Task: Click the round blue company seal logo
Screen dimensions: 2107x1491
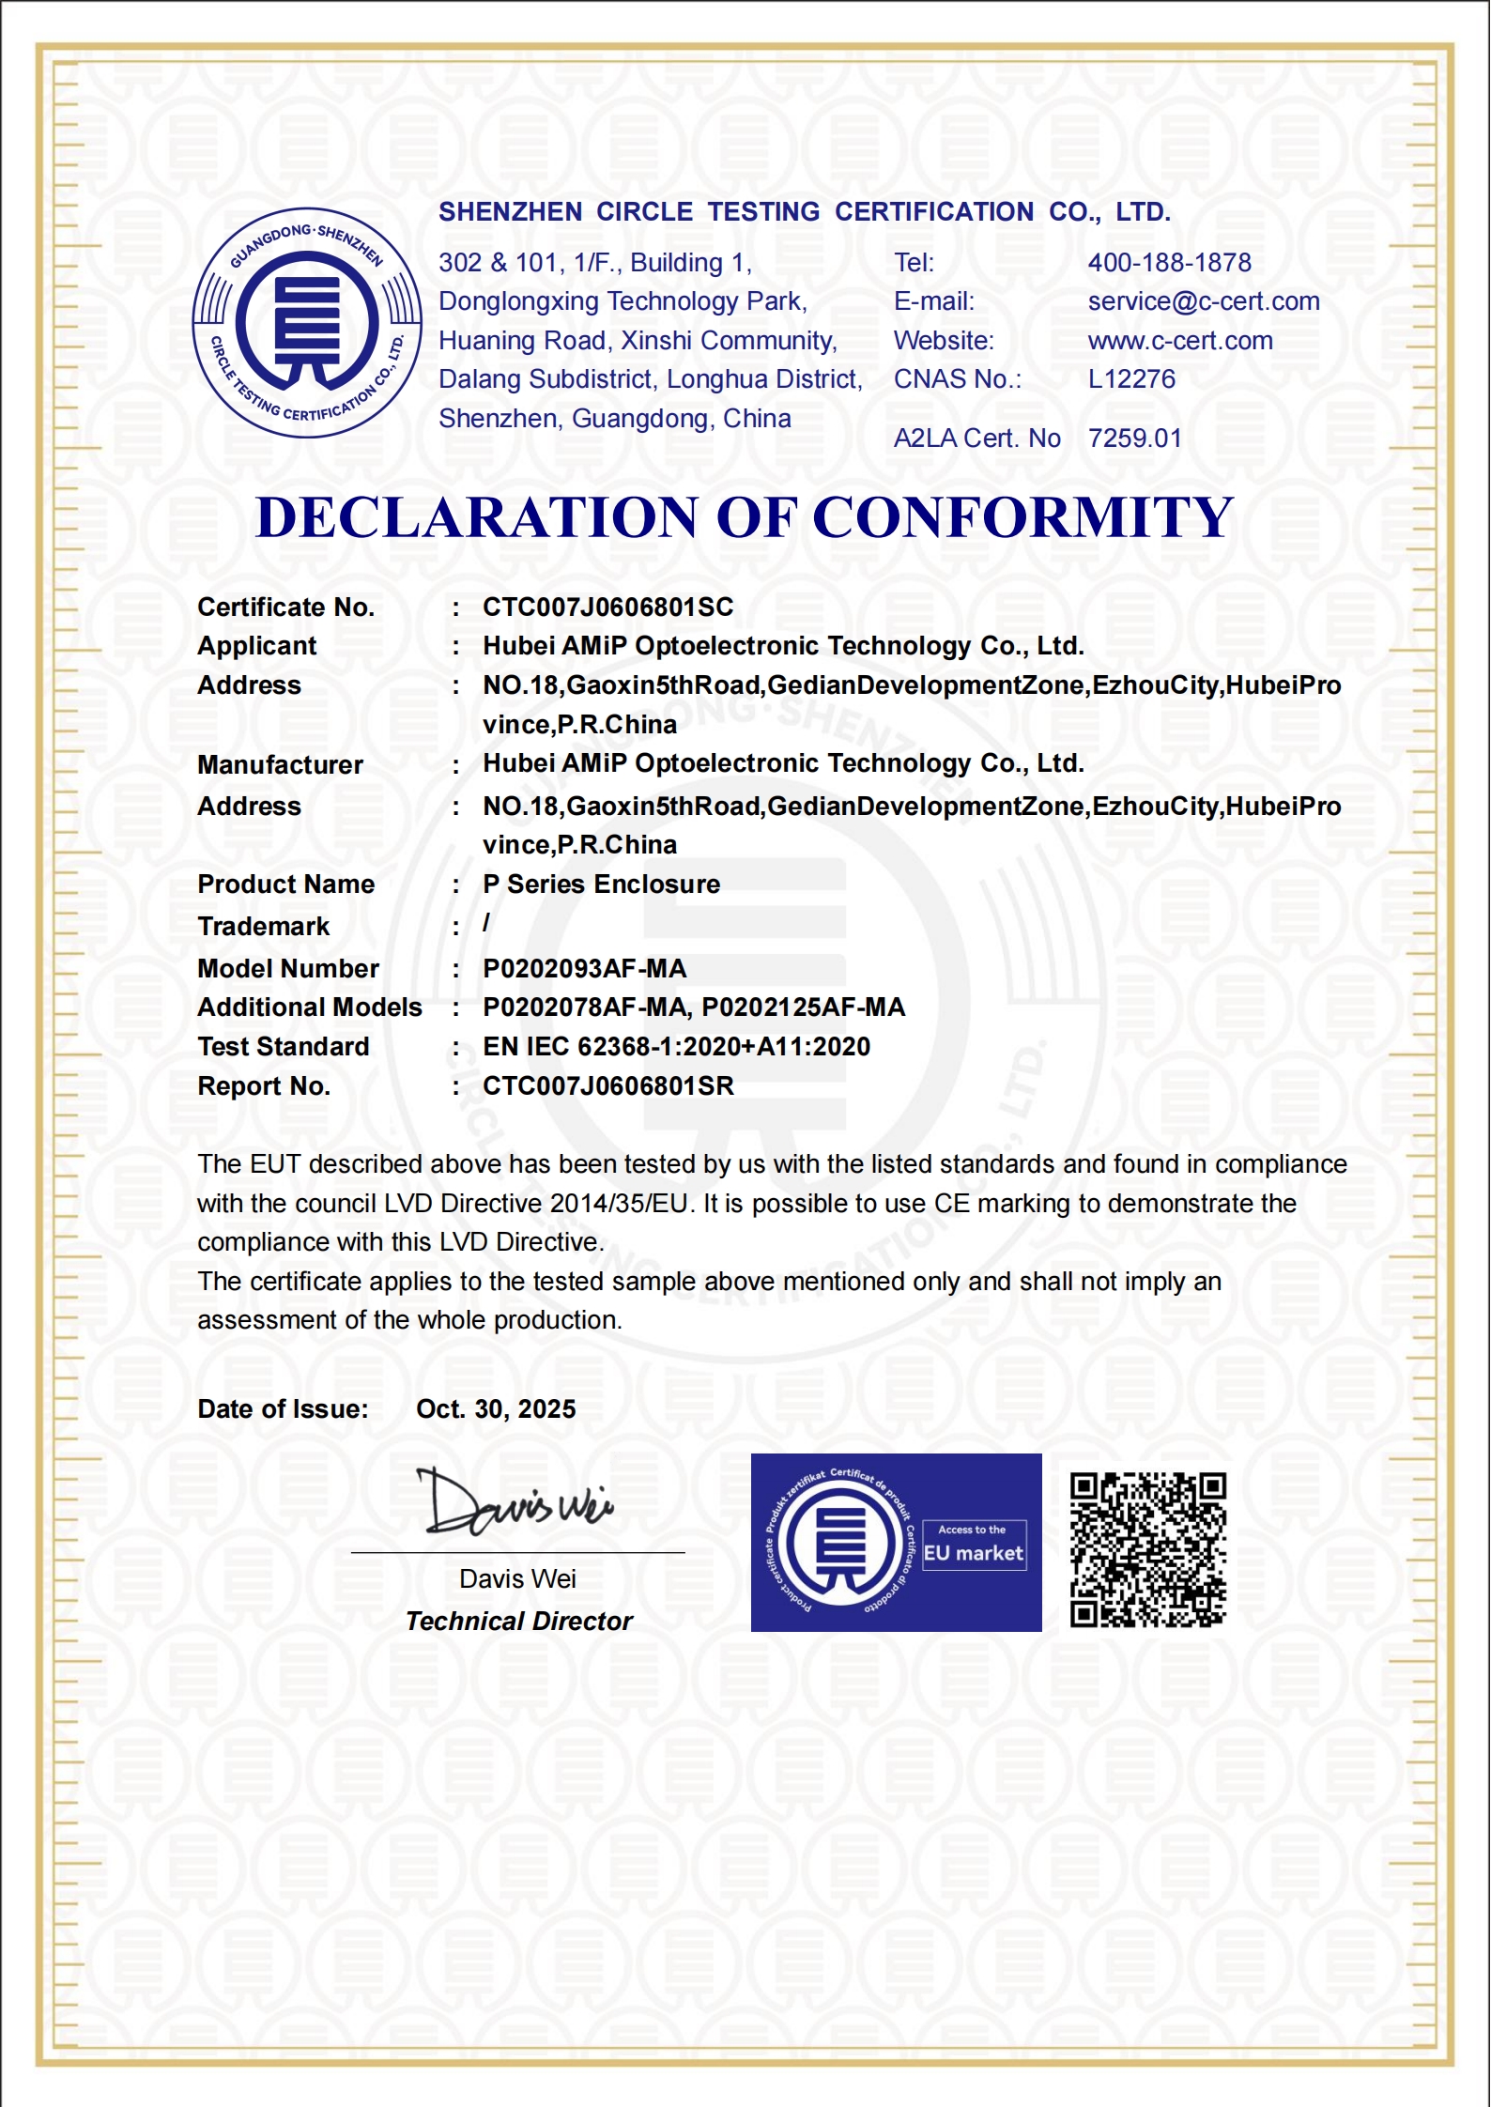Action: click(307, 322)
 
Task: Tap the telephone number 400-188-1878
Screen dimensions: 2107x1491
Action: click(1169, 263)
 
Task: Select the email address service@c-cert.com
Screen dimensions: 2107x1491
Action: click(1203, 301)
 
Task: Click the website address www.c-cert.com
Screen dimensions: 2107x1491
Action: click(1179, 341)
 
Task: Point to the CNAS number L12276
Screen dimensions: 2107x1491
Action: click(1130, 379)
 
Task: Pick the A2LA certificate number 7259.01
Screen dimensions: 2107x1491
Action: click(1133, 438)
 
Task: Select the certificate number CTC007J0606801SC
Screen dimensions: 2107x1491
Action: click(607, 607)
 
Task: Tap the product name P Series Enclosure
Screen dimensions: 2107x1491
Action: click(601, 884)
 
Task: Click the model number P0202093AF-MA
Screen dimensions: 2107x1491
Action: click(584, 969)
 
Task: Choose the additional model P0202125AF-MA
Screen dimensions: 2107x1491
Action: click(803, 1007)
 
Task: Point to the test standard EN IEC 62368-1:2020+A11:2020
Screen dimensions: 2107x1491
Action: click(676, 1047)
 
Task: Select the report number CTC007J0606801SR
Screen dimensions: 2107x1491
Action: click(607, 1086)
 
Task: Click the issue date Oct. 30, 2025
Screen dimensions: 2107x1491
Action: click(496, 1409)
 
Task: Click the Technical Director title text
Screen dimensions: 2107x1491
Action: click(518, 1622)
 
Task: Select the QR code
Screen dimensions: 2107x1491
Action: click(1147, 1550)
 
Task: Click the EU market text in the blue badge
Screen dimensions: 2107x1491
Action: click(973, 1554)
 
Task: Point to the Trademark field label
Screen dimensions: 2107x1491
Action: click(263, 927)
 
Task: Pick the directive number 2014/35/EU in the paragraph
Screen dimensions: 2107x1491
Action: click(619, 1204)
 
